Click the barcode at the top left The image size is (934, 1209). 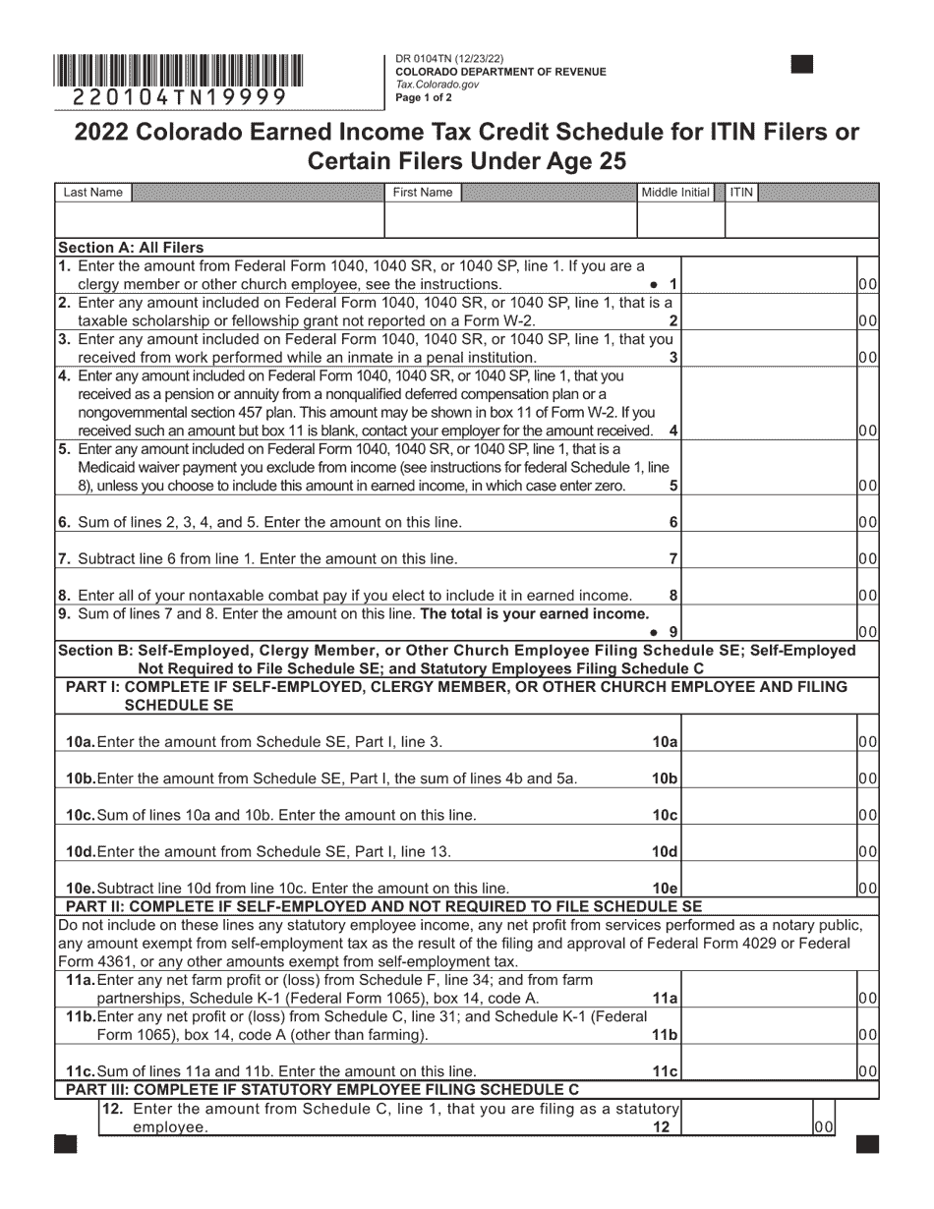[x=178, y=72]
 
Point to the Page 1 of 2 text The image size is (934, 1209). [x=424, y=97]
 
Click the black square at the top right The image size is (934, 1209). [x=802, y=65]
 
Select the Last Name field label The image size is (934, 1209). [x=93, y=193]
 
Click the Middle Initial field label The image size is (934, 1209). [x=674, y=193]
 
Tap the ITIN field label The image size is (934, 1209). [x=741, y=193]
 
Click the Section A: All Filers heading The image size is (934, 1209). [x=131, y=248]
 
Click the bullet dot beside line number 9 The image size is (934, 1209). [x=653, y=631]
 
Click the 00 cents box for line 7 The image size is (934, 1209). [x=868, y=558]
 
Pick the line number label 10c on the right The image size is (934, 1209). [x=666, y=815]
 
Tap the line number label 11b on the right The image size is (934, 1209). [x=666, y=1035]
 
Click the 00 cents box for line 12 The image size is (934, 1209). [x=824, y=1128]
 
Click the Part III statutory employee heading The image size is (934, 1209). [x=321, y=1089]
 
